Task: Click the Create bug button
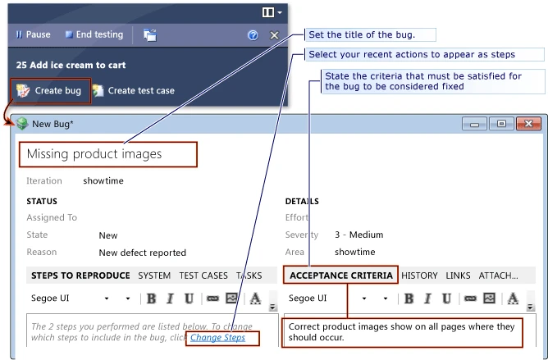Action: (51, 91)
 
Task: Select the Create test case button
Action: (134, 91)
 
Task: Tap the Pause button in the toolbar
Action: (33, 34)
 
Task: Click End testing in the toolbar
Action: (94, 34)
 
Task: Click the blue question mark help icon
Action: (253, 35)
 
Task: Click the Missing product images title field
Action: (108, 154)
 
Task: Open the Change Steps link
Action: (217, 338)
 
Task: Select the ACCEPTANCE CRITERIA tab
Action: (340, 276)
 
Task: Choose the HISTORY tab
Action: (419, 276)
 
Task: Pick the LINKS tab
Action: (458, 276)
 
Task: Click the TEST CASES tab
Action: (203, 276)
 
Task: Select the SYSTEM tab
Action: (154, 276)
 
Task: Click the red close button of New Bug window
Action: (528, 124)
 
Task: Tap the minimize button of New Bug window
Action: (474, 124)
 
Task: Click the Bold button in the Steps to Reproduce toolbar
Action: (151, 298)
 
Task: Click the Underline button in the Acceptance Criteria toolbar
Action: (446, 298)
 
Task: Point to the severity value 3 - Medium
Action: (359, 235)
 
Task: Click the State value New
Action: (108, 235)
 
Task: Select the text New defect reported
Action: (142, 253)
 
